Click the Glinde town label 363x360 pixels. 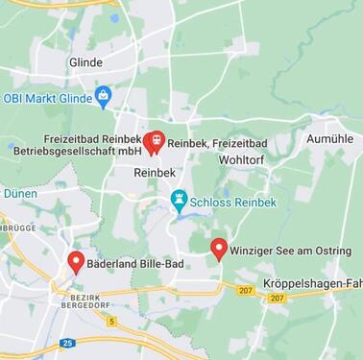tap(85, 62)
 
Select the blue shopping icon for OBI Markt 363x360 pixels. tap(104, 96)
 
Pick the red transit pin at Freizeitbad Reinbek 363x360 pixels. tap(153, 141)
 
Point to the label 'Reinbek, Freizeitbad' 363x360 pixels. tap(217, 144)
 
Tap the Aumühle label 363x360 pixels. tap(329, 139)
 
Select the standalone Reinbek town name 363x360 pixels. tap(152, 171)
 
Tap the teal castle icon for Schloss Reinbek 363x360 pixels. tap(178, 200)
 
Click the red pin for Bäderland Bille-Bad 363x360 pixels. tap(76, 260)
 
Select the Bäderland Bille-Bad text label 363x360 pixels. tap(135, 261)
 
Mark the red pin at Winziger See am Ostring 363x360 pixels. tap(218, 248)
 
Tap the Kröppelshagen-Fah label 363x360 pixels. tap(313, 284)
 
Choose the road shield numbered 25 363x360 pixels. tap(66, 343)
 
